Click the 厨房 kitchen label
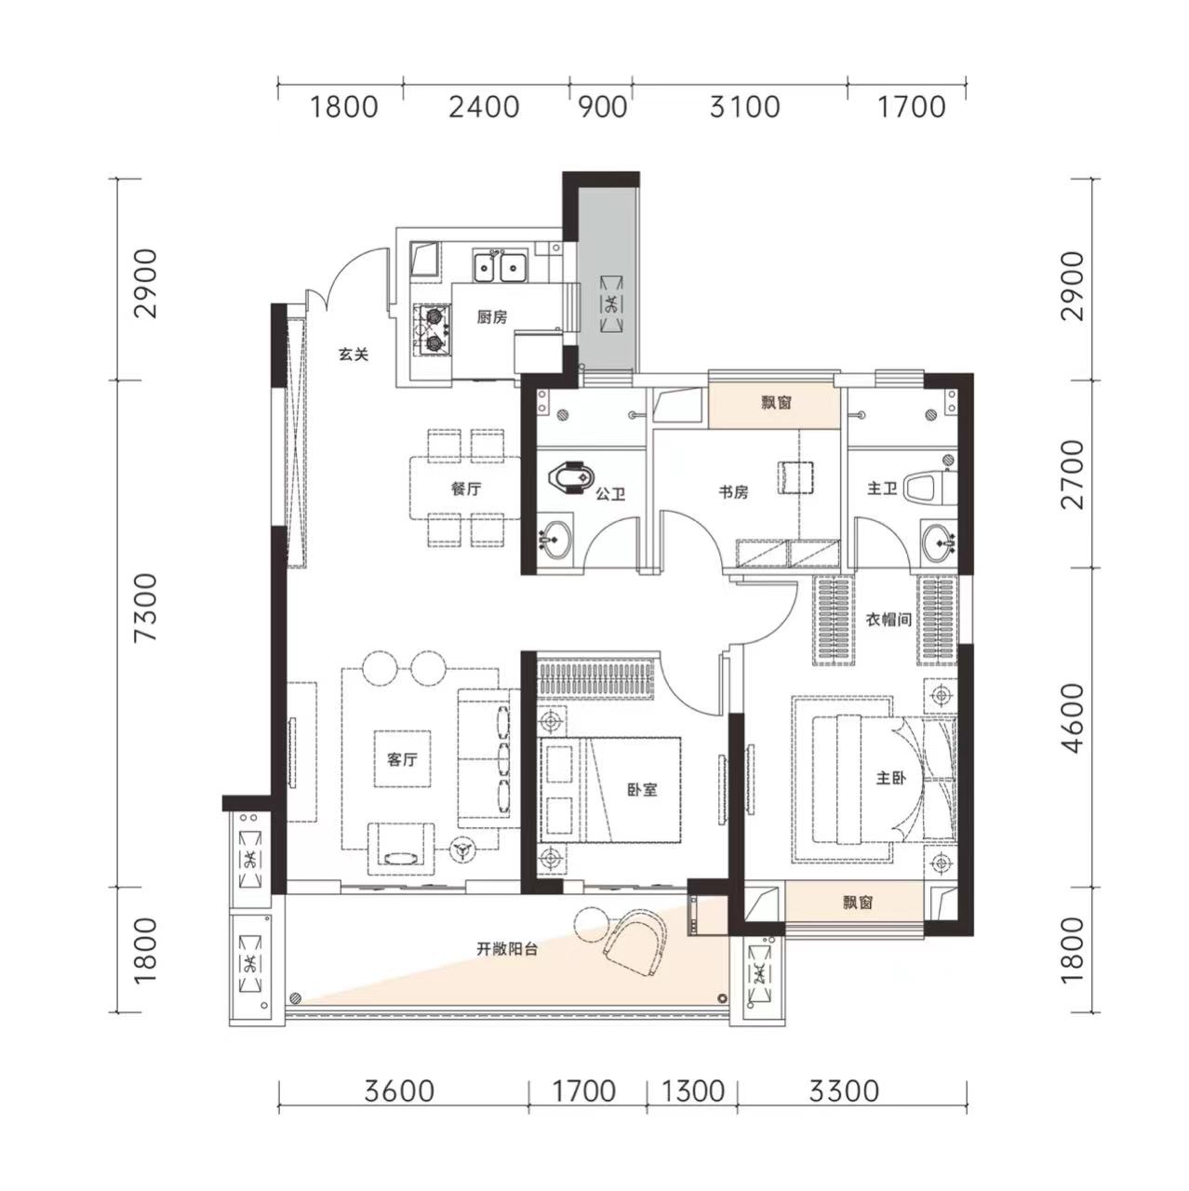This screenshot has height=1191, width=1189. tap(492, 317)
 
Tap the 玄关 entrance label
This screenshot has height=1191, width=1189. tap(354, 355)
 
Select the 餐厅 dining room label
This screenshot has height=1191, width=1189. tap(466, 489)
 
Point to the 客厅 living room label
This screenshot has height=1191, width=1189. tap(402, 759)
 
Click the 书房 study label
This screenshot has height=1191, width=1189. tap(733, 492)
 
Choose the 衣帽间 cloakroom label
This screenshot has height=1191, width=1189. tap(888, 620)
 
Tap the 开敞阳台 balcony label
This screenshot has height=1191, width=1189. tap(507, 949)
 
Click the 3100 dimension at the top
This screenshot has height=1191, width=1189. tap(744, 107)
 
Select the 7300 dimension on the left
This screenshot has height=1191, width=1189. tap(147, 608)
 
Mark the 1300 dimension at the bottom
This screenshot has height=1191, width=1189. tap(692, 1091)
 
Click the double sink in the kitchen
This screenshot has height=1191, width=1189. tap(500, 266)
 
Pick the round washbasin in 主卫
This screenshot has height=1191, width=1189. tap(938, 544)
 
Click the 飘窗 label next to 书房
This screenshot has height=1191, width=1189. tap(776, 404)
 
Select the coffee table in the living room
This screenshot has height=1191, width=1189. tap(402, 759)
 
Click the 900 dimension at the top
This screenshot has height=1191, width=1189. tap(602, 107)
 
